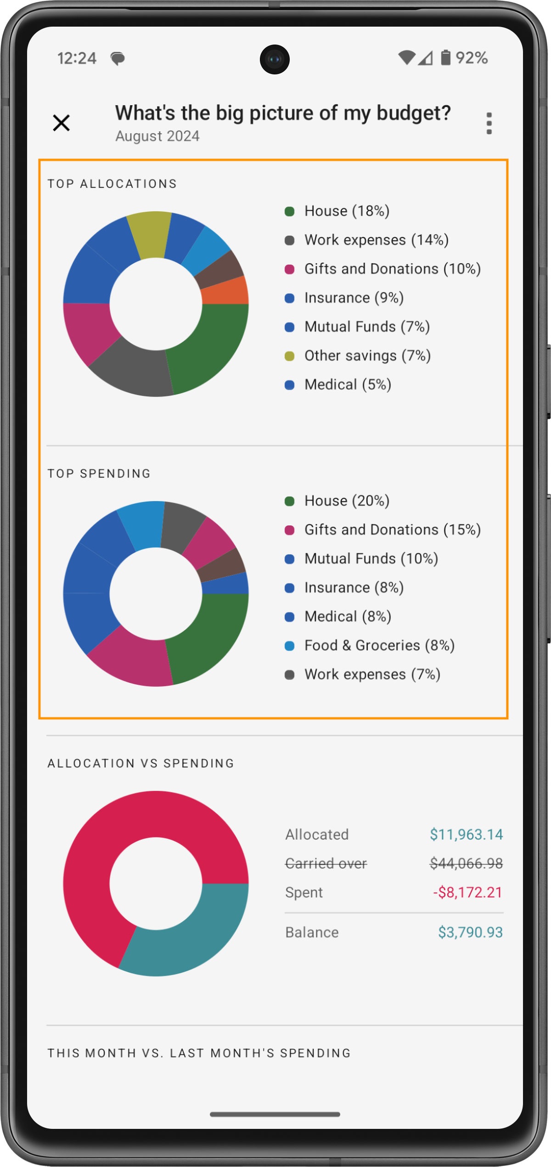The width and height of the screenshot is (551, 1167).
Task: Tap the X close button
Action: tap(61, 123)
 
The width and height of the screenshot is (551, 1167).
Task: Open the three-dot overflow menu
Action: tap(489, 123)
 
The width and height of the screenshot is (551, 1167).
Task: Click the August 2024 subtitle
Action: tap(157, 136)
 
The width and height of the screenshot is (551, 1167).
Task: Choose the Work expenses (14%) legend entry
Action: tap(376, 240)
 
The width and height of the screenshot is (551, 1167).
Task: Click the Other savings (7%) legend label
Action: tap(367, 356)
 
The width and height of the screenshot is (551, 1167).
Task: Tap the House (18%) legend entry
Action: tap(347, 211)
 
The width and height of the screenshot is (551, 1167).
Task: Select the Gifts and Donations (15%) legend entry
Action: tap(392, 530)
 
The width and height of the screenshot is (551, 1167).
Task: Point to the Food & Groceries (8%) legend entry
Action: tap(379, 646)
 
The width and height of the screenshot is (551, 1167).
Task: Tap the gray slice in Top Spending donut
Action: tap(182, 526)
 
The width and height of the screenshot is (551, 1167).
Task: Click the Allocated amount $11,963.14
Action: tap(466, 834)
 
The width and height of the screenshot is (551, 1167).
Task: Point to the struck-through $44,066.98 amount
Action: tap(466, 863)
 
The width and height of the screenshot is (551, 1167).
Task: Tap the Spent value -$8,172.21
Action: tap(467, 892)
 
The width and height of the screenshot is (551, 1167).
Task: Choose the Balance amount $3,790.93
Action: tap(470, 932)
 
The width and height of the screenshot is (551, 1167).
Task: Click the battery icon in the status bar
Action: tap(445, 58)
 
